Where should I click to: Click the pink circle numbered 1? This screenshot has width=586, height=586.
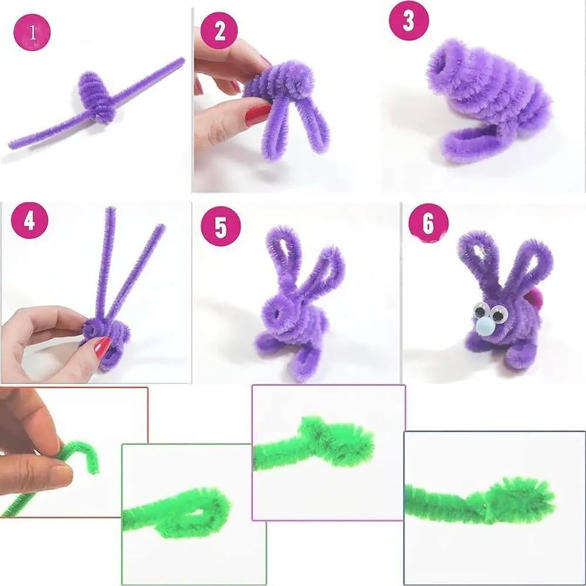coord(32,33)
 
